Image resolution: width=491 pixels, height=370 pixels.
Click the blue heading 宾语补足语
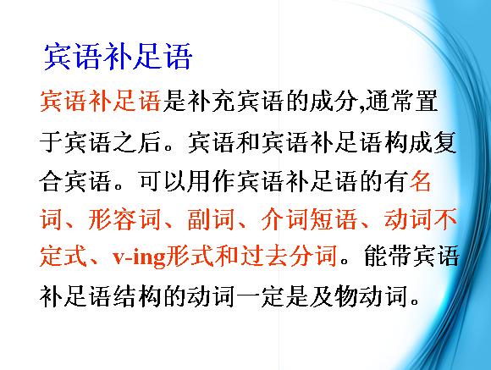coord(118,57)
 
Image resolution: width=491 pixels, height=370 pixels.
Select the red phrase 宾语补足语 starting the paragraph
coord(100,101)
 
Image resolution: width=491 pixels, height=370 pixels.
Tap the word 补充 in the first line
coord(212,101)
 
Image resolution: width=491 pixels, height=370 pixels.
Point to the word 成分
coord(334,101)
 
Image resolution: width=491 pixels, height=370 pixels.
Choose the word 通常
coord(389,101)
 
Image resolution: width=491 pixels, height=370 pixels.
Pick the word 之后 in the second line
coord(137,142)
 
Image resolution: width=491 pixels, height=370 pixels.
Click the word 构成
coord(408,142)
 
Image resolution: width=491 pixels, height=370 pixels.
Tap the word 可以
coord(163,182)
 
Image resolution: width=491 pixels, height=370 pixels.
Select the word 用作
coord(212,182)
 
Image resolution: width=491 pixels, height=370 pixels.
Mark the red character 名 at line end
coord(420,182)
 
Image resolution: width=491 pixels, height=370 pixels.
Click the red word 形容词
coord(124,219)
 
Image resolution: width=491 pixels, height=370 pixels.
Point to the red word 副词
coord(211,219)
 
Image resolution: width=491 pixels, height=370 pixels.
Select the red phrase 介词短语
coord(309,219)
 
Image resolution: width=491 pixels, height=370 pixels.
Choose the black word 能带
coord(388,257)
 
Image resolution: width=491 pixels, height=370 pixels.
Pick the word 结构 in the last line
coord(137,296)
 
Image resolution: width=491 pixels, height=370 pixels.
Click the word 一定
coord(260,296)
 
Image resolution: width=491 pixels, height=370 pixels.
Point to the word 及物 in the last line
coord(334,296)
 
